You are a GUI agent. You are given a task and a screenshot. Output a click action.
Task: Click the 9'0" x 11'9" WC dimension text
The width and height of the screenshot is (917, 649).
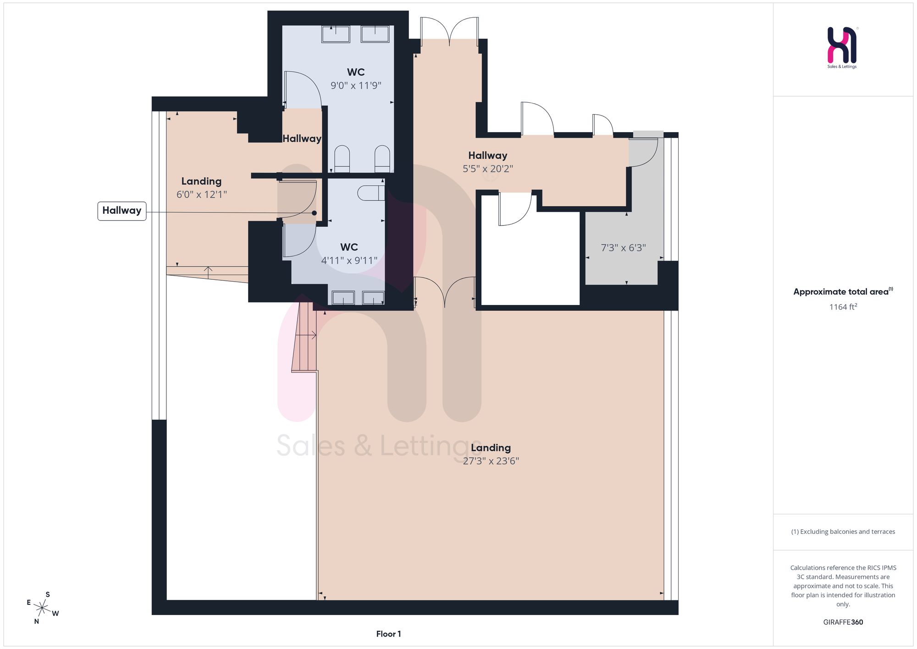[356, 85]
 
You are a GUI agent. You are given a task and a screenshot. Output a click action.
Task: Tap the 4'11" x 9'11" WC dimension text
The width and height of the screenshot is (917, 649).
[349, 261]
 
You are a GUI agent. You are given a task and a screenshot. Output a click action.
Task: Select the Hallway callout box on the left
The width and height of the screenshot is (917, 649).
[122, 211]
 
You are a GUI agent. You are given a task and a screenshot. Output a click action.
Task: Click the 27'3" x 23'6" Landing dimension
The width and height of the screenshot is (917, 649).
[491, 461]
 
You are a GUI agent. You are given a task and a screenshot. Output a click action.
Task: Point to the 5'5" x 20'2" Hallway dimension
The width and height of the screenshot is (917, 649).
[487, 169]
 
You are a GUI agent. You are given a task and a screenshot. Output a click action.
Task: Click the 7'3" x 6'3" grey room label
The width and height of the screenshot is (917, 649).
[623, 248]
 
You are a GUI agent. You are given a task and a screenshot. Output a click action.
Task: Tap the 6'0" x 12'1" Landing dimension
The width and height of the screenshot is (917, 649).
[202, 194]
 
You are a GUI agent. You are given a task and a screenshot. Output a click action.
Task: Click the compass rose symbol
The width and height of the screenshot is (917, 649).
[42, 609]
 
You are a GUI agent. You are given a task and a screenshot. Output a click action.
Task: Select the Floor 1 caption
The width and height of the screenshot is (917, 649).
[388, 634]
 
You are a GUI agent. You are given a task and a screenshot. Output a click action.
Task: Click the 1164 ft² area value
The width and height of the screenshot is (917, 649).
[843, 307]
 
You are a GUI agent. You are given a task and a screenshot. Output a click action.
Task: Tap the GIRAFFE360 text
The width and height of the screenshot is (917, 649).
[843, 622]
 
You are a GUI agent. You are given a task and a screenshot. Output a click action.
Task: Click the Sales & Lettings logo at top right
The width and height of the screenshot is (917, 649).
[842, 48]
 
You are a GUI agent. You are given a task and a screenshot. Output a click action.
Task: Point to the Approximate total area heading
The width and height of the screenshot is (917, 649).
[843, 292]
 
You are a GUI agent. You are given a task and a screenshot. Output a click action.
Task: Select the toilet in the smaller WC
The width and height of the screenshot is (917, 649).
[371, 193]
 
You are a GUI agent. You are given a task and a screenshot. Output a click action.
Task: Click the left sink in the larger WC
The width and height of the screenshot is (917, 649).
[336, 34]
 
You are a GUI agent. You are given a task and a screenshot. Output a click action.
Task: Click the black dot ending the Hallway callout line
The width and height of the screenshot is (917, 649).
[315, 213]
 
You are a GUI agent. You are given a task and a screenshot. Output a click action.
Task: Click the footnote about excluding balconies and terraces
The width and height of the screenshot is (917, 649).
[843, 532]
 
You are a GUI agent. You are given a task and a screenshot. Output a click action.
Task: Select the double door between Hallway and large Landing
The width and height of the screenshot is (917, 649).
[444, 292]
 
